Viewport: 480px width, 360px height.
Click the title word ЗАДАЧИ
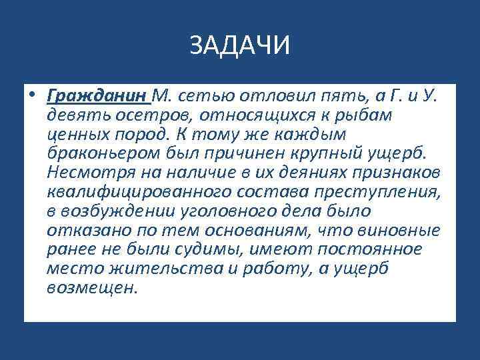[239, 47]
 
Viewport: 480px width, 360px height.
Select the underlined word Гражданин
[97, 96]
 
